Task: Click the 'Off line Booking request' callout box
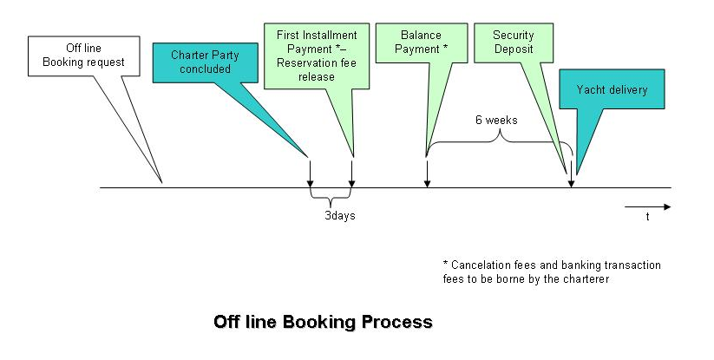point(83,55)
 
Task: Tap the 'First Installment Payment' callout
point(317,55)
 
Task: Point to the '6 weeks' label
point(496,120)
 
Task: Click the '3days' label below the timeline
point(333,215)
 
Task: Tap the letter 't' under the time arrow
point(647,218)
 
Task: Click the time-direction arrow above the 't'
point(647,206)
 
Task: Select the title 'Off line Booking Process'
point(323,322)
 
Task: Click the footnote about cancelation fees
point(552,271)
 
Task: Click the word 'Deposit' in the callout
point(513,49)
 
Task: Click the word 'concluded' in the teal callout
point(206,69)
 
